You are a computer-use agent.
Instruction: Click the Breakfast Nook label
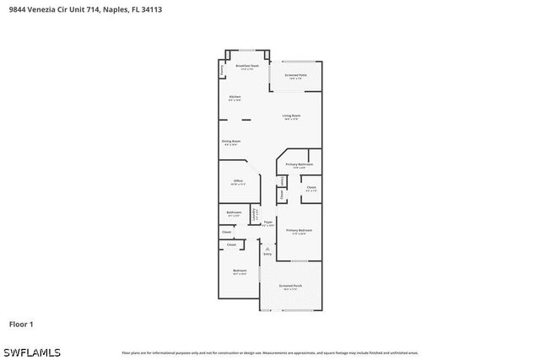pos(246,67)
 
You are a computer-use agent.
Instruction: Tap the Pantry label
pos(222,71)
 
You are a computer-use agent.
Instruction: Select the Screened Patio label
pos(295,76)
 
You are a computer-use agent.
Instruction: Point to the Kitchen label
pos(235,98)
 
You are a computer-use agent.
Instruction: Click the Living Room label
pos(291,116)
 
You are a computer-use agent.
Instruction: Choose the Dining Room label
pos(231,142)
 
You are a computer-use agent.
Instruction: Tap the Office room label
pos(238,181)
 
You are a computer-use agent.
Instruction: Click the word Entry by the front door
pos(267,254)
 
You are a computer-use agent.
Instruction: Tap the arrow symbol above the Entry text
pos(267,248)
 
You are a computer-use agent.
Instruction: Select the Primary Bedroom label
pos(299,230)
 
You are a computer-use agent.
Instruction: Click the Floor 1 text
pos(21,324)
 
